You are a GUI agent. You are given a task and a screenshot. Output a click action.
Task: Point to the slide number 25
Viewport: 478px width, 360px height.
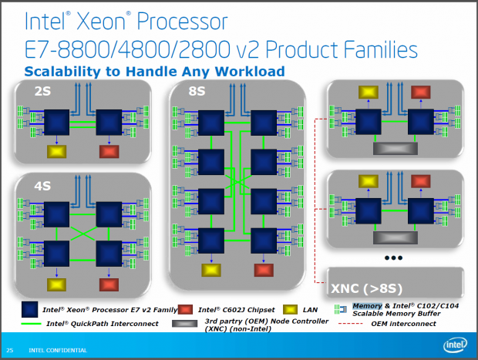(10, 351)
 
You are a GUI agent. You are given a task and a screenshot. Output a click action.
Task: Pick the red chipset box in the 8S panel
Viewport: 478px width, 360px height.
(264, 270)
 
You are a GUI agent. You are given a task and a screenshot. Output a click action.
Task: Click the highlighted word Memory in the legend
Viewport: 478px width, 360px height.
(367, 305)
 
